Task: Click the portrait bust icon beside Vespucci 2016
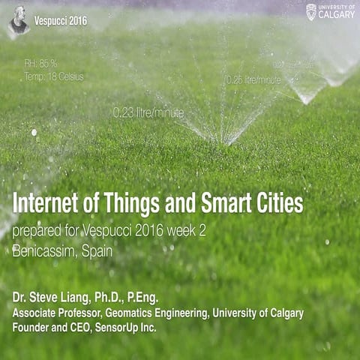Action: click(x=18, y=20)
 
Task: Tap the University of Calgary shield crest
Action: click(x=311, y=11)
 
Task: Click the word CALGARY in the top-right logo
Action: click(x=337, y=14)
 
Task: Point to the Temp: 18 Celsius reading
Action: click(x=53, y=76)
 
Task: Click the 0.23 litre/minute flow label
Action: click(x=148, y=112)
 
